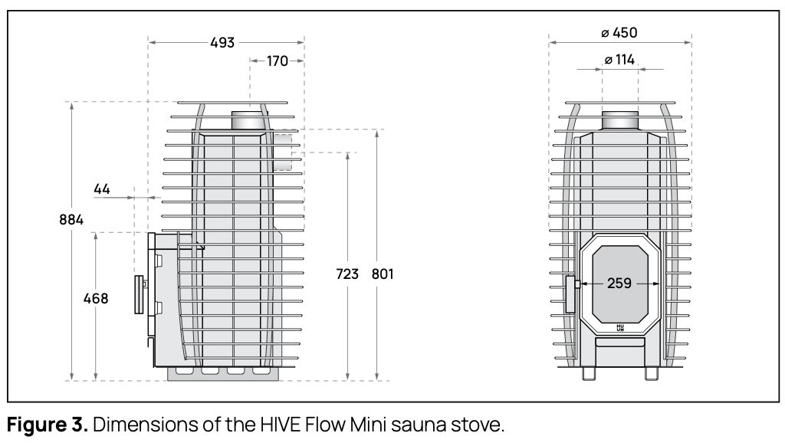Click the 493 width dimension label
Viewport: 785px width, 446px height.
click(222, 43)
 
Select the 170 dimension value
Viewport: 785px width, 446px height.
click(278, 61)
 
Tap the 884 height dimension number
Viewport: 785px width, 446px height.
click(71, 220)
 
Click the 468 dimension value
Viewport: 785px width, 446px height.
click(96, 298)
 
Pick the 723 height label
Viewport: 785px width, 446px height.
click(347, 274)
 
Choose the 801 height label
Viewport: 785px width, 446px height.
click(382, 274)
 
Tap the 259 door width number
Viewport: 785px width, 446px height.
click(619, 283)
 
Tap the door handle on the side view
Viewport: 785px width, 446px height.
click(140, 296)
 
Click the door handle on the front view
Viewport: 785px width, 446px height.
click(571, 294)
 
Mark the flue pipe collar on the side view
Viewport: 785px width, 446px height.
click(248, 120)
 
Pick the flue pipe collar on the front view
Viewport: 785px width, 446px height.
click(619, 120)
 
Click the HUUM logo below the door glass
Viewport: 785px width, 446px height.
click(620, 328)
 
